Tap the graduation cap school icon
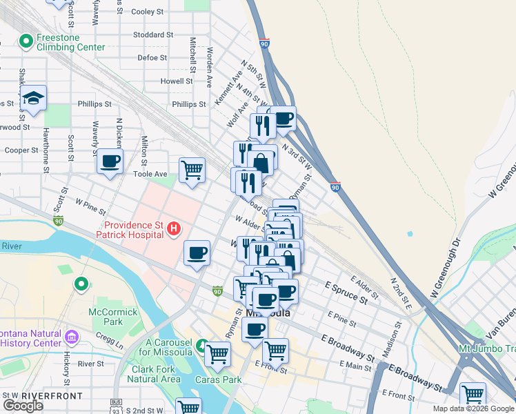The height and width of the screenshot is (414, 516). pyautogui.click(x=32, y=99)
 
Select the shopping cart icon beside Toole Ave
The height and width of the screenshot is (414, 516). pyautogui.click(x=192, y=169)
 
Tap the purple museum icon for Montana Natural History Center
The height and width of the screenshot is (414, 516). pyautogui.click(x=71, y=337)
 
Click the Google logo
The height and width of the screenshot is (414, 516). pyautogui.click(x=23, y=406)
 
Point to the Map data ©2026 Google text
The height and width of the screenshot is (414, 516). pyautogui.click(x=473, y=408)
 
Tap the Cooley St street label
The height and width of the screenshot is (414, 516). pyautogui.click(x=147, y=12)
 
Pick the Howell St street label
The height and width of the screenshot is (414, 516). pyautogui.click(x=157, y=81)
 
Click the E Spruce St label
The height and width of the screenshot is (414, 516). pyautogui.click(x=346, y=293)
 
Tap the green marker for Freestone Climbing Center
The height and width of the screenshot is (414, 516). pyautogui.click(x=26, y=42)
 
